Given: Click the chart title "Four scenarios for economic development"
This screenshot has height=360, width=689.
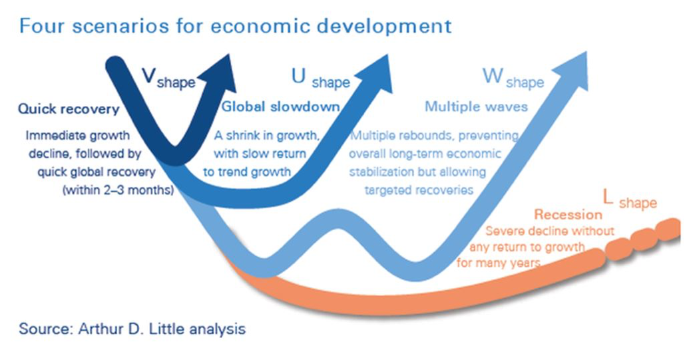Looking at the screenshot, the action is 236,26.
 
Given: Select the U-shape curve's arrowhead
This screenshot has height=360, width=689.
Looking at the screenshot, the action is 373,74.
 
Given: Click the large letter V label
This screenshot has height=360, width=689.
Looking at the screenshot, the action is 149,75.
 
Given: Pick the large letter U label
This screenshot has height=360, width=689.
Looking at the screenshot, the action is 298,76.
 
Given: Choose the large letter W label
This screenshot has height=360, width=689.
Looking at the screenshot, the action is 493,75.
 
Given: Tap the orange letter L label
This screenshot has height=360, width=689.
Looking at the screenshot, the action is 608,198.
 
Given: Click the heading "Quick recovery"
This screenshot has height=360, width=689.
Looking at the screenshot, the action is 69,109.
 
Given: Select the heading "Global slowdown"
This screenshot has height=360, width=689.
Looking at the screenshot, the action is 280,106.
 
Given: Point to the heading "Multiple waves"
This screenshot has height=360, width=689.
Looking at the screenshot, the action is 477,106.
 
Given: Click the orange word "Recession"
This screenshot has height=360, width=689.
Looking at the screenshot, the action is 568,215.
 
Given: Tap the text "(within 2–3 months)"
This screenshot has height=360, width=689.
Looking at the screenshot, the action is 118,190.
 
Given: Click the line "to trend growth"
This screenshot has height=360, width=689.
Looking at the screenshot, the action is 247,172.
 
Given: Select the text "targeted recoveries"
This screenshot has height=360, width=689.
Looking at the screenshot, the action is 419,190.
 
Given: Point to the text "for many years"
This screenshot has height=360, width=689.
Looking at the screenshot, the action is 499,263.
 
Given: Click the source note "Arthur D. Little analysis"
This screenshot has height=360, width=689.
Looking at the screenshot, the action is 162,329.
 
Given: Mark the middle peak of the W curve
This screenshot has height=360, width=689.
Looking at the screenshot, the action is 338,219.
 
